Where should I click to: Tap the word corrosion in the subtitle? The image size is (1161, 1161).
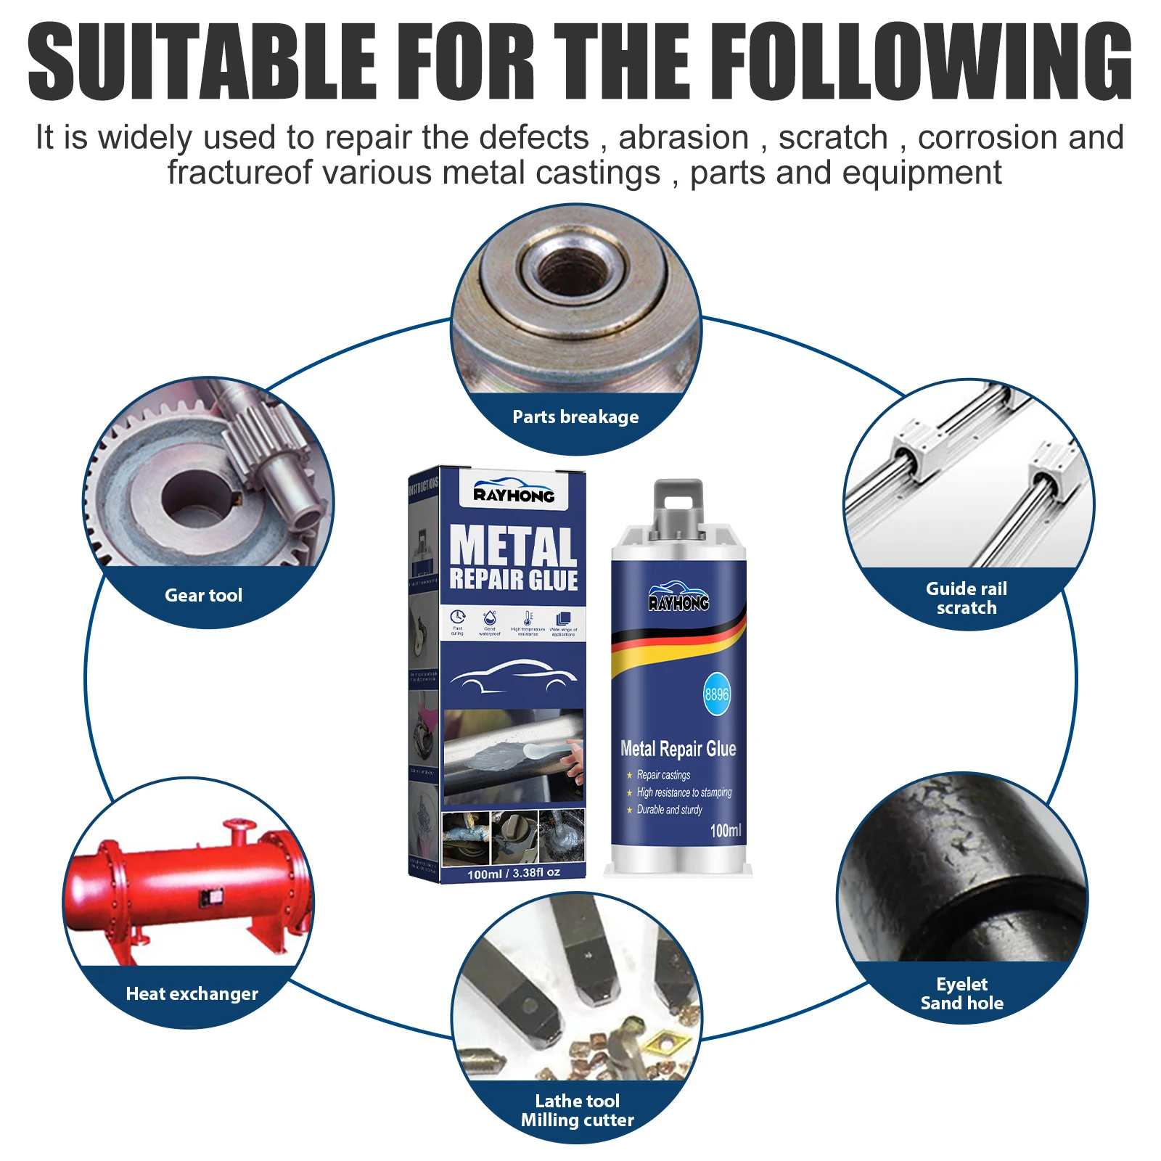coord(984,138)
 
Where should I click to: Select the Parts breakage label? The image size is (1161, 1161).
coord(575,417)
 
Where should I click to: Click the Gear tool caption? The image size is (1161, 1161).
coord(203,595)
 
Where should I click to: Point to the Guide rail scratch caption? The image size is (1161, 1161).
coord(966,598)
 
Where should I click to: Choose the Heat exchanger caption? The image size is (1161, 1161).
coord(192,993)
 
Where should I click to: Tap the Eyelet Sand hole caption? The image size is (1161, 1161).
coord(961,993)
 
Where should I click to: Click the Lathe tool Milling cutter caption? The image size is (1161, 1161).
coord(577,1110)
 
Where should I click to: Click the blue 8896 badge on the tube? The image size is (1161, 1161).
coord(716,694)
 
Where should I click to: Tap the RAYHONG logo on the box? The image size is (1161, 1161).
coord(514,494)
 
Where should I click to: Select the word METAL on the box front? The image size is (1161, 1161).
coord(513,546)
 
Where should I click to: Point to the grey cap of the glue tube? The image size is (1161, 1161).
coord(678,506)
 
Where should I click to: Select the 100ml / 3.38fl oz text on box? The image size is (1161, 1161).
coord(514,873)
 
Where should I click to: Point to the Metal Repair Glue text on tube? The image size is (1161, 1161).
coord(678,749)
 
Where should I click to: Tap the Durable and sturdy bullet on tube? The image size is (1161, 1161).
coord(669,810)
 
